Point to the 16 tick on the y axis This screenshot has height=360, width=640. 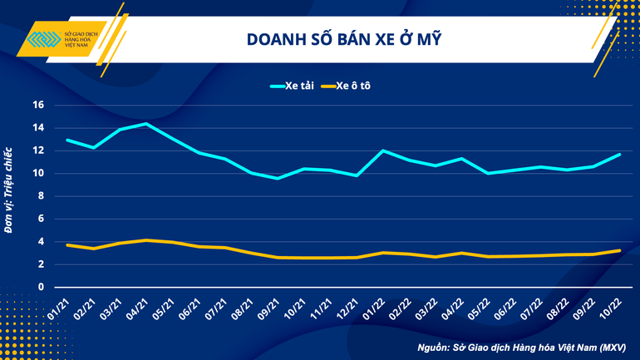pos(37,106)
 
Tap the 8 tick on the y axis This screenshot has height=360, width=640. pos(39,196)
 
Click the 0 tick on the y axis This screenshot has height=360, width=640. pos(39,287)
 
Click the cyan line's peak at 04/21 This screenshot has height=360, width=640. pos(146,124)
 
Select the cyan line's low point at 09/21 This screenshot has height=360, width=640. pos(278,178)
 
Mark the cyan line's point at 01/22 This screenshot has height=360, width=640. pos(382,150)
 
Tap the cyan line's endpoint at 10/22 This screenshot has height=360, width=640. pos(618,155)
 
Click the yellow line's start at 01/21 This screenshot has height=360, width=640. pos(67,245)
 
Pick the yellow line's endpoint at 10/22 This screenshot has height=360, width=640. pos(618,250)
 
